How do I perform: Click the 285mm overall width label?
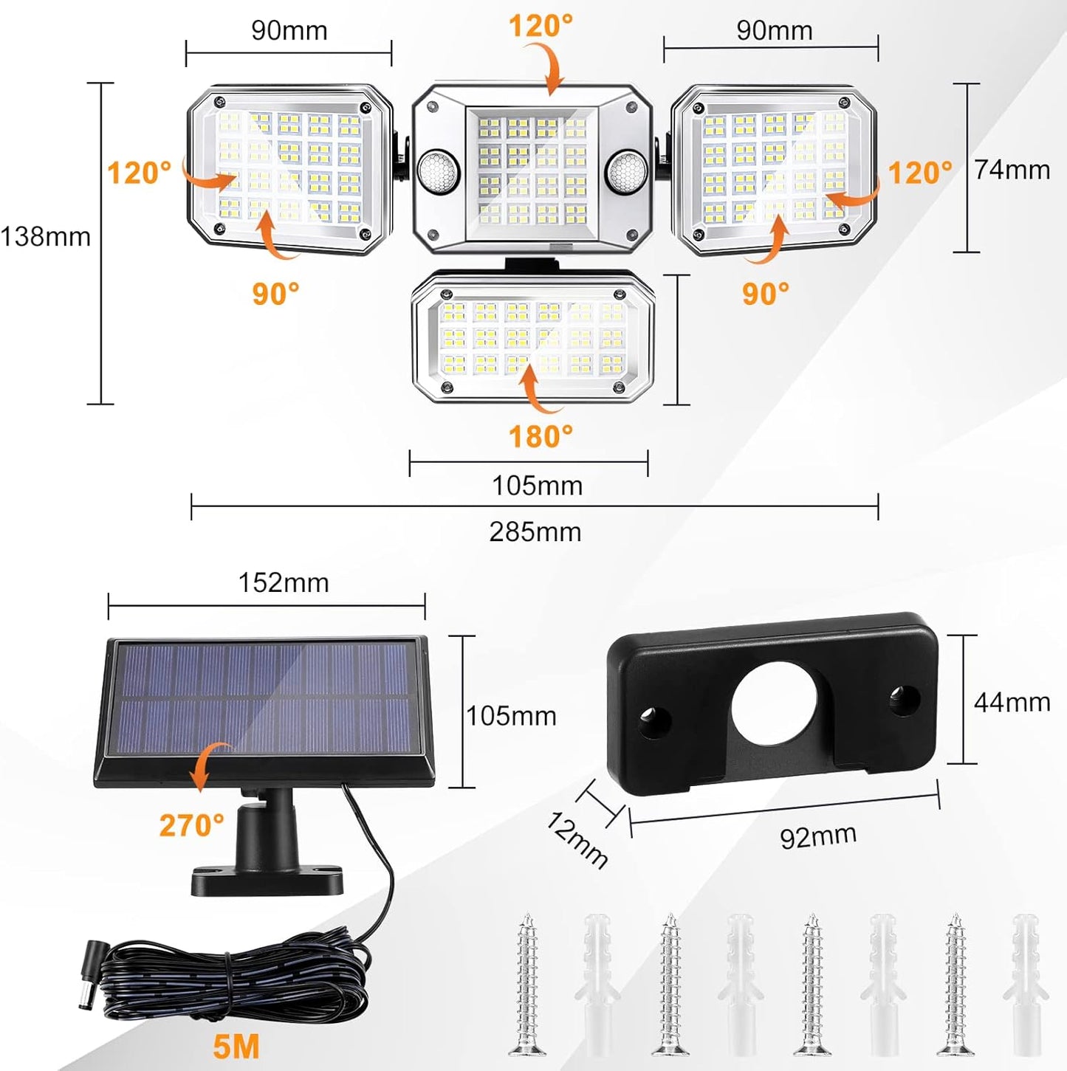[x=535, y=531]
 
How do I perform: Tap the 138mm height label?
[x=46, y=237]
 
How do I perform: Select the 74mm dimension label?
[x=1012, y=170]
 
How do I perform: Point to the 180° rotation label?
[x=541, y=437]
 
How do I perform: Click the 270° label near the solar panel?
[x=191, y=825]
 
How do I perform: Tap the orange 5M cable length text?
[x=236, y=1047]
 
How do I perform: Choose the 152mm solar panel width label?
[x=284, y=583]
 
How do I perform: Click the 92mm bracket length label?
[x=818, y=836]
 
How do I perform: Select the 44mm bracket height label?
[x=1012, y=702]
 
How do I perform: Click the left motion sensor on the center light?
[x=437, y=171]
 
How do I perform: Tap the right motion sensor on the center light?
[x=626, y=171]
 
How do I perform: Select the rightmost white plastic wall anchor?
[x=1026, y=982]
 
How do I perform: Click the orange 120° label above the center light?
[x=541, y=27]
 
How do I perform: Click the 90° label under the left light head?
[x=275, y=294]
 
